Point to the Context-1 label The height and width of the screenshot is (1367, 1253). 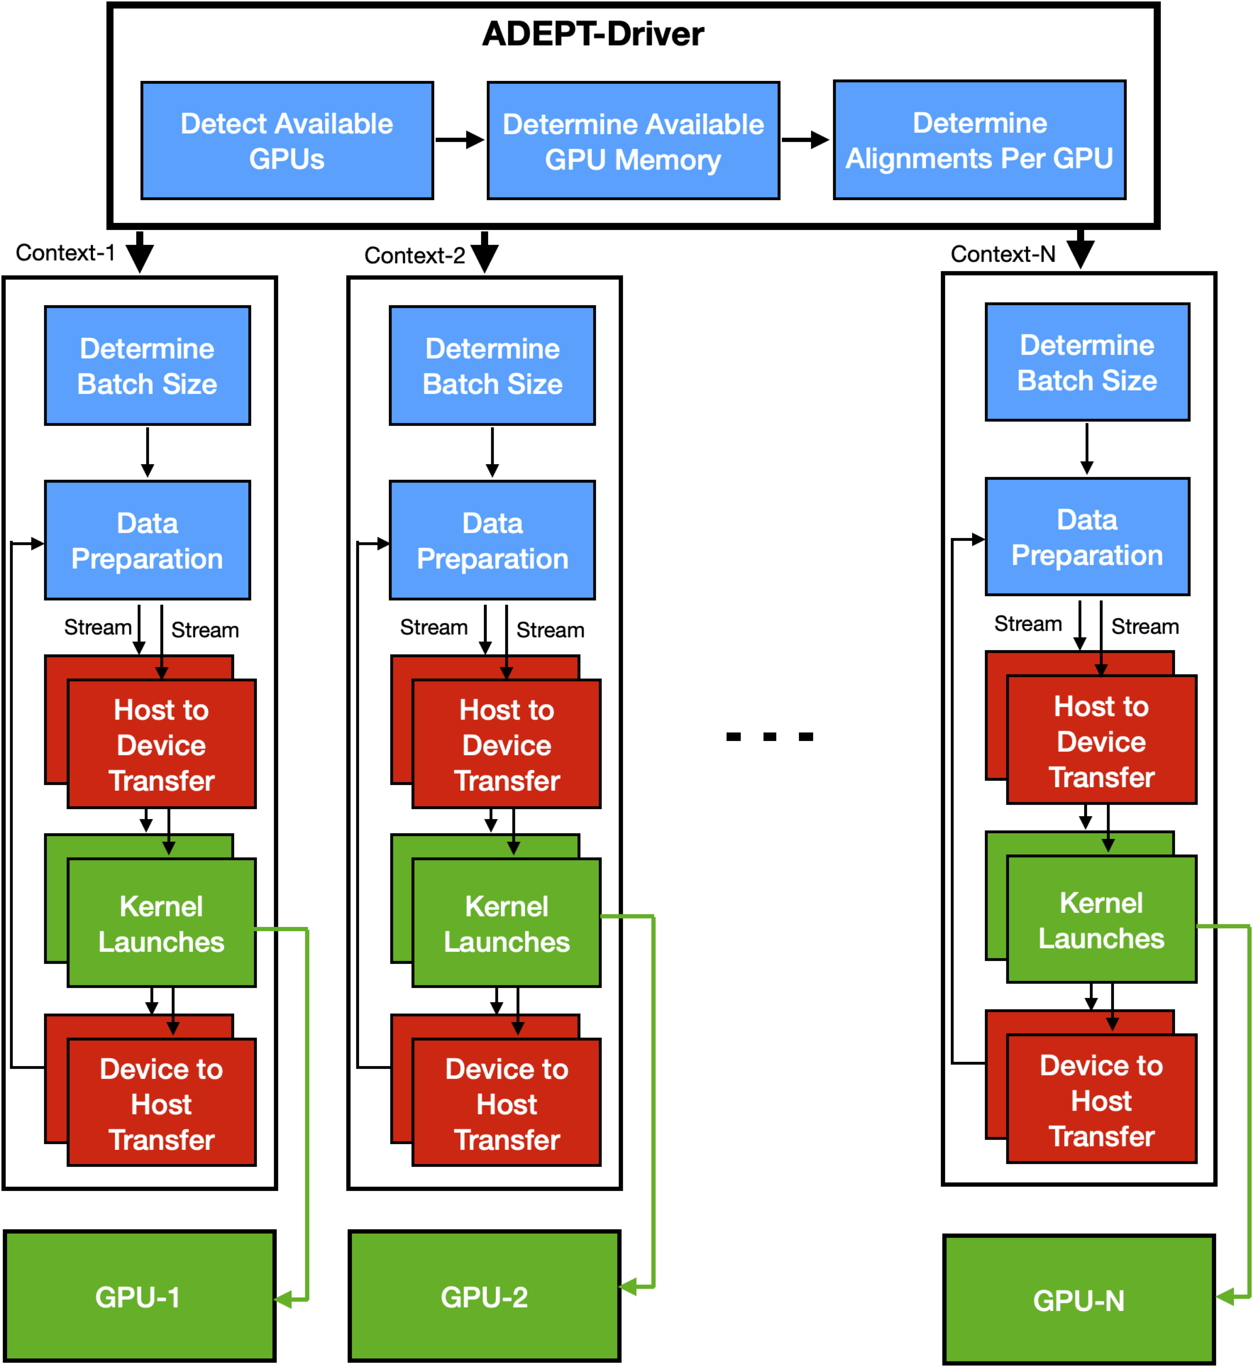click(x=65, y=253)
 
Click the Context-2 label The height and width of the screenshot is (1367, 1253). click(x=414, y=256)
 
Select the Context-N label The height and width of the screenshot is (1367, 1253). click(x=1003, y=254)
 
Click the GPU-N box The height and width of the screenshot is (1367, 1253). click(x=1078, y=1300)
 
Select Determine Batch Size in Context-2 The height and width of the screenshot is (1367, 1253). click(x=492, y=366)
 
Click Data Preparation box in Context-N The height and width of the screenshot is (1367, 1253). click(x=1087, y=537)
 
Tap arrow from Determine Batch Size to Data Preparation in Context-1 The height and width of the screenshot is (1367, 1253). click(x=147, y=452)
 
